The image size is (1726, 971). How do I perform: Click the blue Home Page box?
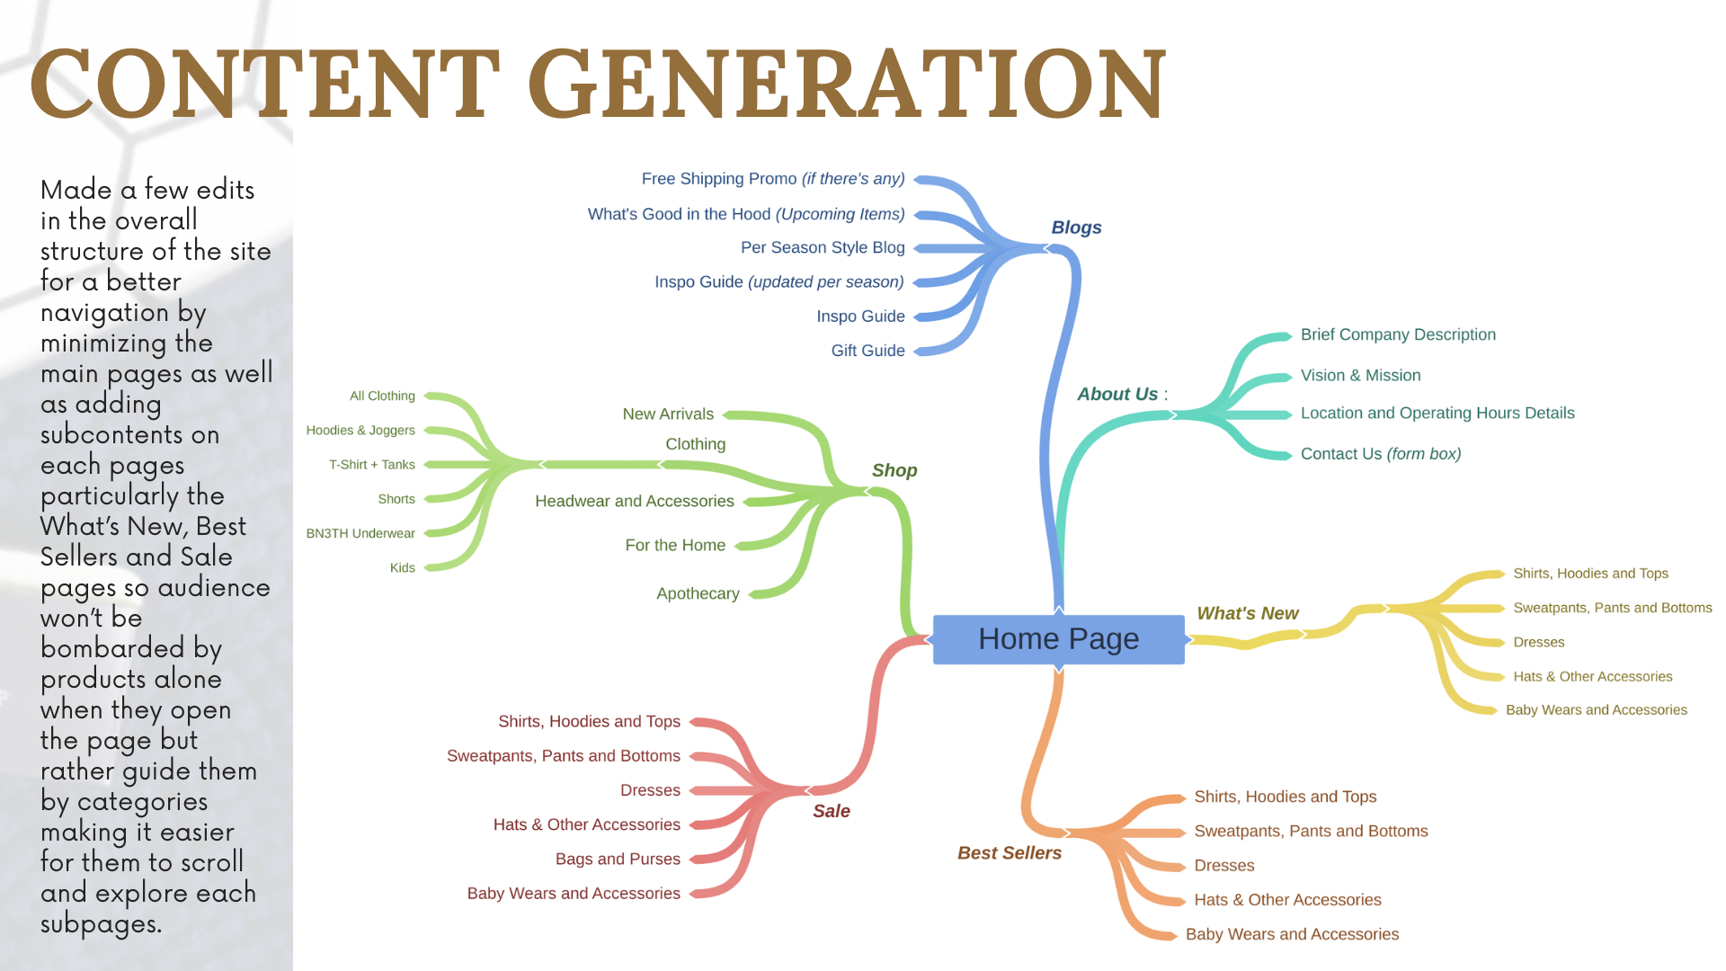point(1058,639)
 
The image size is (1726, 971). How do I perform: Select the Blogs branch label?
point(1076,227)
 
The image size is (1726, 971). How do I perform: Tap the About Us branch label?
point(1117,394)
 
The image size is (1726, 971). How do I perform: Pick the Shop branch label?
point(894,470)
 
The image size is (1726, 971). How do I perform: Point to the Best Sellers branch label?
point(1009,853)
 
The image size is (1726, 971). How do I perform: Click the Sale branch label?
point(831,811)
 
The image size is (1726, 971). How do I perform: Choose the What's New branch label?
point(1247,613)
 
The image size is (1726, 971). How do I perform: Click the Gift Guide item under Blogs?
point(867,351)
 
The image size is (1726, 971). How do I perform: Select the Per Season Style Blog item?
point(822,247)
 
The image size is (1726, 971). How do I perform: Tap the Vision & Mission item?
point(1360,375)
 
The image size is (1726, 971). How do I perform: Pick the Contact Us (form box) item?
point(1380,454)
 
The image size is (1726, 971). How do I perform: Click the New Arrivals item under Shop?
point(667,414)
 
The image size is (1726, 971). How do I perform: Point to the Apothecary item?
point(698,593)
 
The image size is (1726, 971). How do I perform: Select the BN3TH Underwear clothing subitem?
point(360,533)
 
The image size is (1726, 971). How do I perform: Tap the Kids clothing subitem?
point(402,567)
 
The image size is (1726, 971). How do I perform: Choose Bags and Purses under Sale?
point(617,859)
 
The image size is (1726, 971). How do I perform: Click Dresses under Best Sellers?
point(1223,866)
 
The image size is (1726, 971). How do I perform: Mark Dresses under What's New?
point(1538,642)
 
